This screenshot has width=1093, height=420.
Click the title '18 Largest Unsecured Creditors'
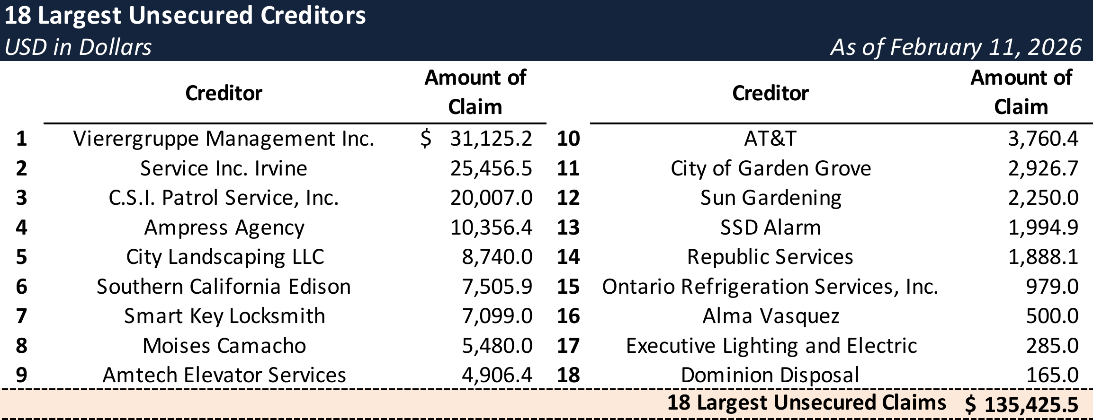pyautogui.click(x=185, y=16)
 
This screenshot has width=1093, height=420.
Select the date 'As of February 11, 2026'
pyautogui.click(x=956, y=47)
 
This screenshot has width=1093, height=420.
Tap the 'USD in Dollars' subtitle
pyautogui.click(x=78, y=47)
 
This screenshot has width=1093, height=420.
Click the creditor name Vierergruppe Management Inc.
pyautogui.click(x=224, y=139)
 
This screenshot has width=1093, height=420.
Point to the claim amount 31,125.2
pyautogui.click(x=491, y=139)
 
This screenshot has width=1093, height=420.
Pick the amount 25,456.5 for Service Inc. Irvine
pyautogui.click(x=491, y=169)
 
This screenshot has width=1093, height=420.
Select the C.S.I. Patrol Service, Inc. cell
pyautogui.click(x=224, y=198)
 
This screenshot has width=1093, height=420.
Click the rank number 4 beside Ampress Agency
pyautogui.click(x=21, y=228)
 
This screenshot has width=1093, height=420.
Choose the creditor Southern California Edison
pyautogui.click(x=224, y=287)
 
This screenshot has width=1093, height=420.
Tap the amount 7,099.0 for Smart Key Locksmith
pyautogui.click(x=497, y=316)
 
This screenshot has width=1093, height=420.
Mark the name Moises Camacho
pyautogui.click(x=224, y=346)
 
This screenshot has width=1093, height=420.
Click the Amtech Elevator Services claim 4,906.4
pyautogui.click(x=497, y=376)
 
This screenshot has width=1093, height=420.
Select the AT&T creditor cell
pyautogui.click(x=770, y=139)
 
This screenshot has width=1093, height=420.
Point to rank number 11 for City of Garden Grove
pyautogui.click(x=568, y=169)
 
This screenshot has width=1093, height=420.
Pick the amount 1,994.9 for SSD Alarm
pyautogui.click(x=1043, y=228)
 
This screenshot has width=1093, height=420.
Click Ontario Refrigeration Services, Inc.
pyautogui.click(x=770, y=287)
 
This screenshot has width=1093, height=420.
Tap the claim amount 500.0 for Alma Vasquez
pyautogui.click(x=1052, y=316)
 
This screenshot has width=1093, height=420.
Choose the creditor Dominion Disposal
pyautogui.click(x=770, y=376)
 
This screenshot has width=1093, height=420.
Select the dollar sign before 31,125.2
pyautogui.click(x=426, y=139)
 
